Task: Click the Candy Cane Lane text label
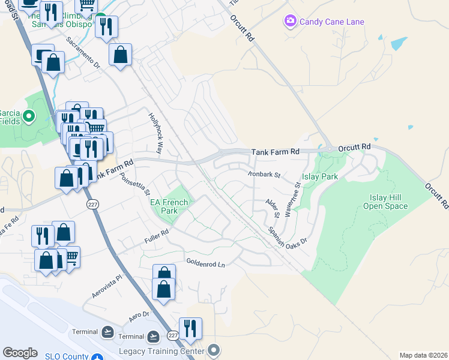click(332, 22)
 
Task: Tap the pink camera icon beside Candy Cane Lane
click(291, 22)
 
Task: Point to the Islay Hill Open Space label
click(385, 202)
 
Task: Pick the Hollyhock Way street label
click(155, 133)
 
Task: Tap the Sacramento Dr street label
click(83, 52)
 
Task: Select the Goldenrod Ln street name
click(205, 263)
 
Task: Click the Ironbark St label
click(264, 175)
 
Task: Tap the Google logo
click(20, 353)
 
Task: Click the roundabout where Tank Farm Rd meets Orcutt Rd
click(329, 148)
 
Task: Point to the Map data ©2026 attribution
click(423, 355)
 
